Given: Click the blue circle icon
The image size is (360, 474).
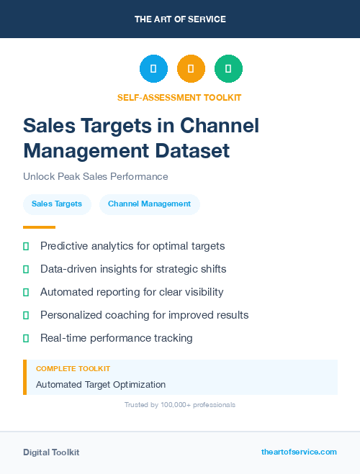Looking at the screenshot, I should pyautogui.click(x=153, y=69).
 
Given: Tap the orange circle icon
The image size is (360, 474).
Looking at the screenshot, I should pyautogui.click(x=191, y=69).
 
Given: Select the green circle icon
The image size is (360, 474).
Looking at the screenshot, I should pyautogui.click(x=228, y=69).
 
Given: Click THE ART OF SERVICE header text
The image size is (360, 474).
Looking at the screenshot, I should pyautogui.click(x=180, y=19).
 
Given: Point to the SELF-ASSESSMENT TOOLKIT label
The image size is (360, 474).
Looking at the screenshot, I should pyautogui.click(x=179, y=97).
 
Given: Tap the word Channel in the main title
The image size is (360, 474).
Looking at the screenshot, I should pyautogui.click(x=218, y=126).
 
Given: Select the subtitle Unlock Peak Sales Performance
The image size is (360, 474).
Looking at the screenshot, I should pyautogui.click(x=96, y=176).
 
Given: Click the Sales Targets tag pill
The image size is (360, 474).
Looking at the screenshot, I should pyautogui.click(x=57, y=204).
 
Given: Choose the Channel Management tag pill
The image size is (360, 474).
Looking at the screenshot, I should pyautogui.click(x=149, y=204).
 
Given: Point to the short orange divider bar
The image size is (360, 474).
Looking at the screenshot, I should pyautogui.click(x=39, y=227).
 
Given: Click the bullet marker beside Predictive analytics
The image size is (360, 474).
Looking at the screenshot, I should pyautogui.click(x=26, y=247).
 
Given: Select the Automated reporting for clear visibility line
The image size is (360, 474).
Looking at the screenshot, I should pyautogui.click(x=132, y=292).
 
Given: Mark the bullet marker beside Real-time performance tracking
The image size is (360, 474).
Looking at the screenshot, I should pyautogui.click(x=26, y=338).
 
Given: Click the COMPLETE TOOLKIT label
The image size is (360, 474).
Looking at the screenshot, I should pyautogui.click(x=73, y=369).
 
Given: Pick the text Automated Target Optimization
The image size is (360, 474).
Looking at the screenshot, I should pyautogui.click(x=101, y=385).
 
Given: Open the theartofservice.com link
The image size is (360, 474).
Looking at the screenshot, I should pyautogui.click(x=299, y=452).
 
